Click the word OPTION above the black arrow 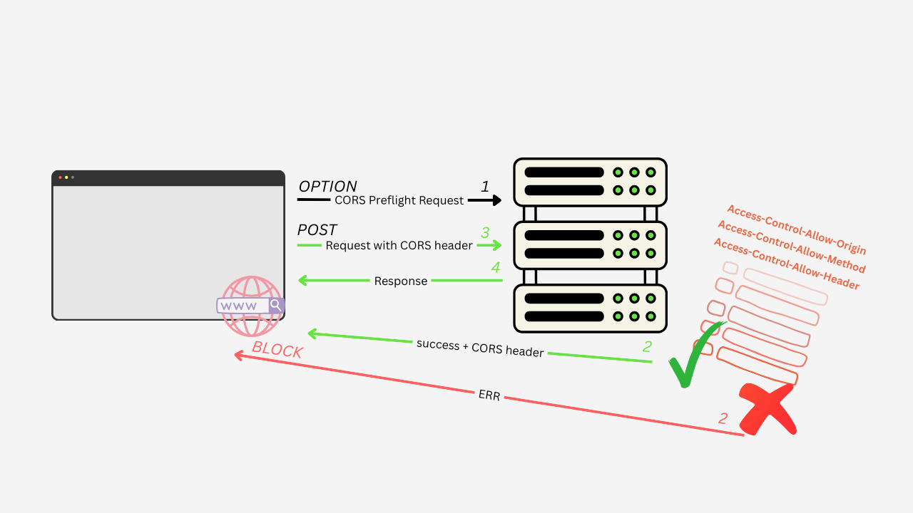point(327,187)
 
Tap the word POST point(317,230)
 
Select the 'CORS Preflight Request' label point(399,201)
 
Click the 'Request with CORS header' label point(399,246)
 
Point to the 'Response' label point(400,281)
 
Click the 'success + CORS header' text point(480,348)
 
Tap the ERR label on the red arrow point(489,395)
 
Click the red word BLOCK point(277,350)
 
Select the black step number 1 point(485,187)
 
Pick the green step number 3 point(485,232)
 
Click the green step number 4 point(495,268)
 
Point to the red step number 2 point(723,418)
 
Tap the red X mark point(767,408)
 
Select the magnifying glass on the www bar point(275,305)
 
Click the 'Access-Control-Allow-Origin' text point(796,229)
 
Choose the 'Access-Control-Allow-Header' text point(786,264)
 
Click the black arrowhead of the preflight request point(497,200)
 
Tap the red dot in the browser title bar point(60,177)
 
